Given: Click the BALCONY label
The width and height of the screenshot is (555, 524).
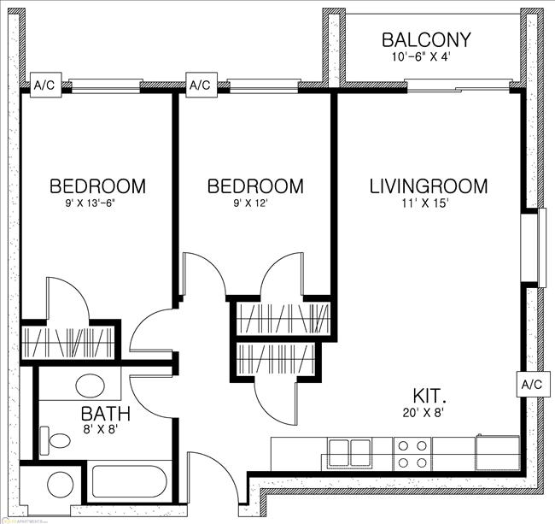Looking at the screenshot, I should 426,40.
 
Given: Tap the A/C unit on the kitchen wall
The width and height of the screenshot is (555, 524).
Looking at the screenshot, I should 530,385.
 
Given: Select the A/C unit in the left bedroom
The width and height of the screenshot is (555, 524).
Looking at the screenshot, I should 44,85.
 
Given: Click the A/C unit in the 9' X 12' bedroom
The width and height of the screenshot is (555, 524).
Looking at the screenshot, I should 200,85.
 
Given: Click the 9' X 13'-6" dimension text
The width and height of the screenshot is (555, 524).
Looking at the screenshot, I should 96,204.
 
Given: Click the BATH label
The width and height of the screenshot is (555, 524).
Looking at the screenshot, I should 106,415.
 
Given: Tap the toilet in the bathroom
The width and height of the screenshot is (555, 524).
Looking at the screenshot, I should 58,442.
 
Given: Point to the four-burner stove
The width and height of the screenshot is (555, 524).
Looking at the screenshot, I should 412,453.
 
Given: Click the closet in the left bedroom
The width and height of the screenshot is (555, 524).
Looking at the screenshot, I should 68,340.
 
